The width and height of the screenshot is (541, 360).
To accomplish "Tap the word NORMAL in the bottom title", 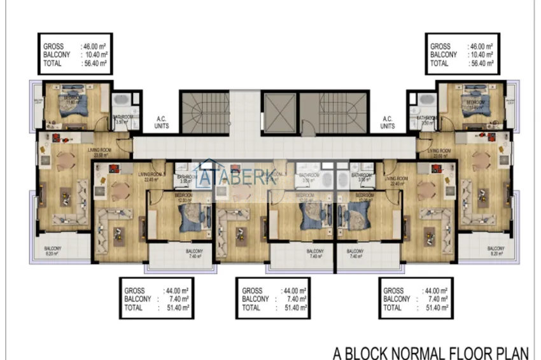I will pyautogui.click(x=424, y=352).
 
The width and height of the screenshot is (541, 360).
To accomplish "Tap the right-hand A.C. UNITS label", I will pyautogui.click(x=388, y=122).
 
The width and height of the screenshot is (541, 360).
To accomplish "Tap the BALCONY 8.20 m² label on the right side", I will pyautogui.click(x=496, y=251).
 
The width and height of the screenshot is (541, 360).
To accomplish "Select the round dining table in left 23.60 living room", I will pyautogui.click(x=66, y=159).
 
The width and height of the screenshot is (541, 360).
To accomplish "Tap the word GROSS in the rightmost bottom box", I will pyautogui.click(x=394, y=290).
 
